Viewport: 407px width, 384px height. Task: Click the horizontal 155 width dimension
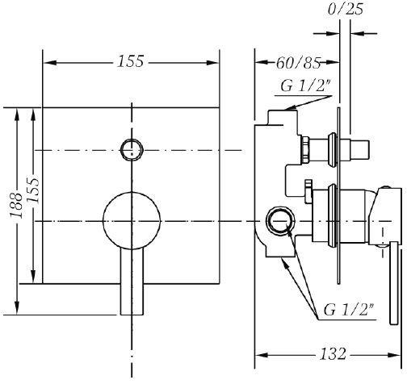(131, 61)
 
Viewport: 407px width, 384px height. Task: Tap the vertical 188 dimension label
(16, 205)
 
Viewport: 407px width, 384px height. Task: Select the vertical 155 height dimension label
(33, 190)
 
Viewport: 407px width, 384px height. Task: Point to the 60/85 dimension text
(299, 63)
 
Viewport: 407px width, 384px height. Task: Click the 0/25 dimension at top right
(346, 10)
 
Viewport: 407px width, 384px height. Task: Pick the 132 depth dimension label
(333, 353)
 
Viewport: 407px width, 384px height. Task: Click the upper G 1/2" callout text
(305, 86)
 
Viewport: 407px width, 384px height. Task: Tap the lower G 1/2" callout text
(348, 310)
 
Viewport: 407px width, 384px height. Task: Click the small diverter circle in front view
(132, 150)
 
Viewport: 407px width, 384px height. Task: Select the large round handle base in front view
(132, 221)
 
